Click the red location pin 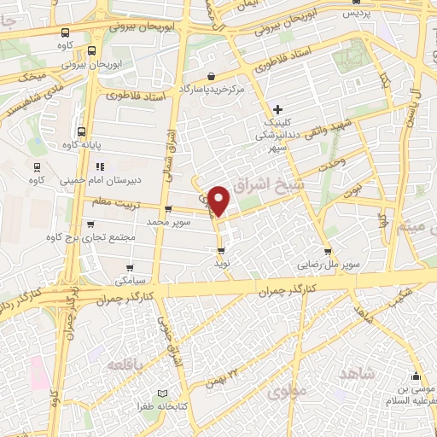pyautogui.click(x=219, y=199)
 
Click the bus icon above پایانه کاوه pyautogui.click(x=82, y=131)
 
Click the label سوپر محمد pyautogui.click(x=166, y=221)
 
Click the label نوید pyautogui.click(x=222, y=265)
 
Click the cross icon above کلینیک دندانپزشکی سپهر pyautogui.click(x=277, y=109)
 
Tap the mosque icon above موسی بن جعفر pyautogui.click(x=416, y=378)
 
